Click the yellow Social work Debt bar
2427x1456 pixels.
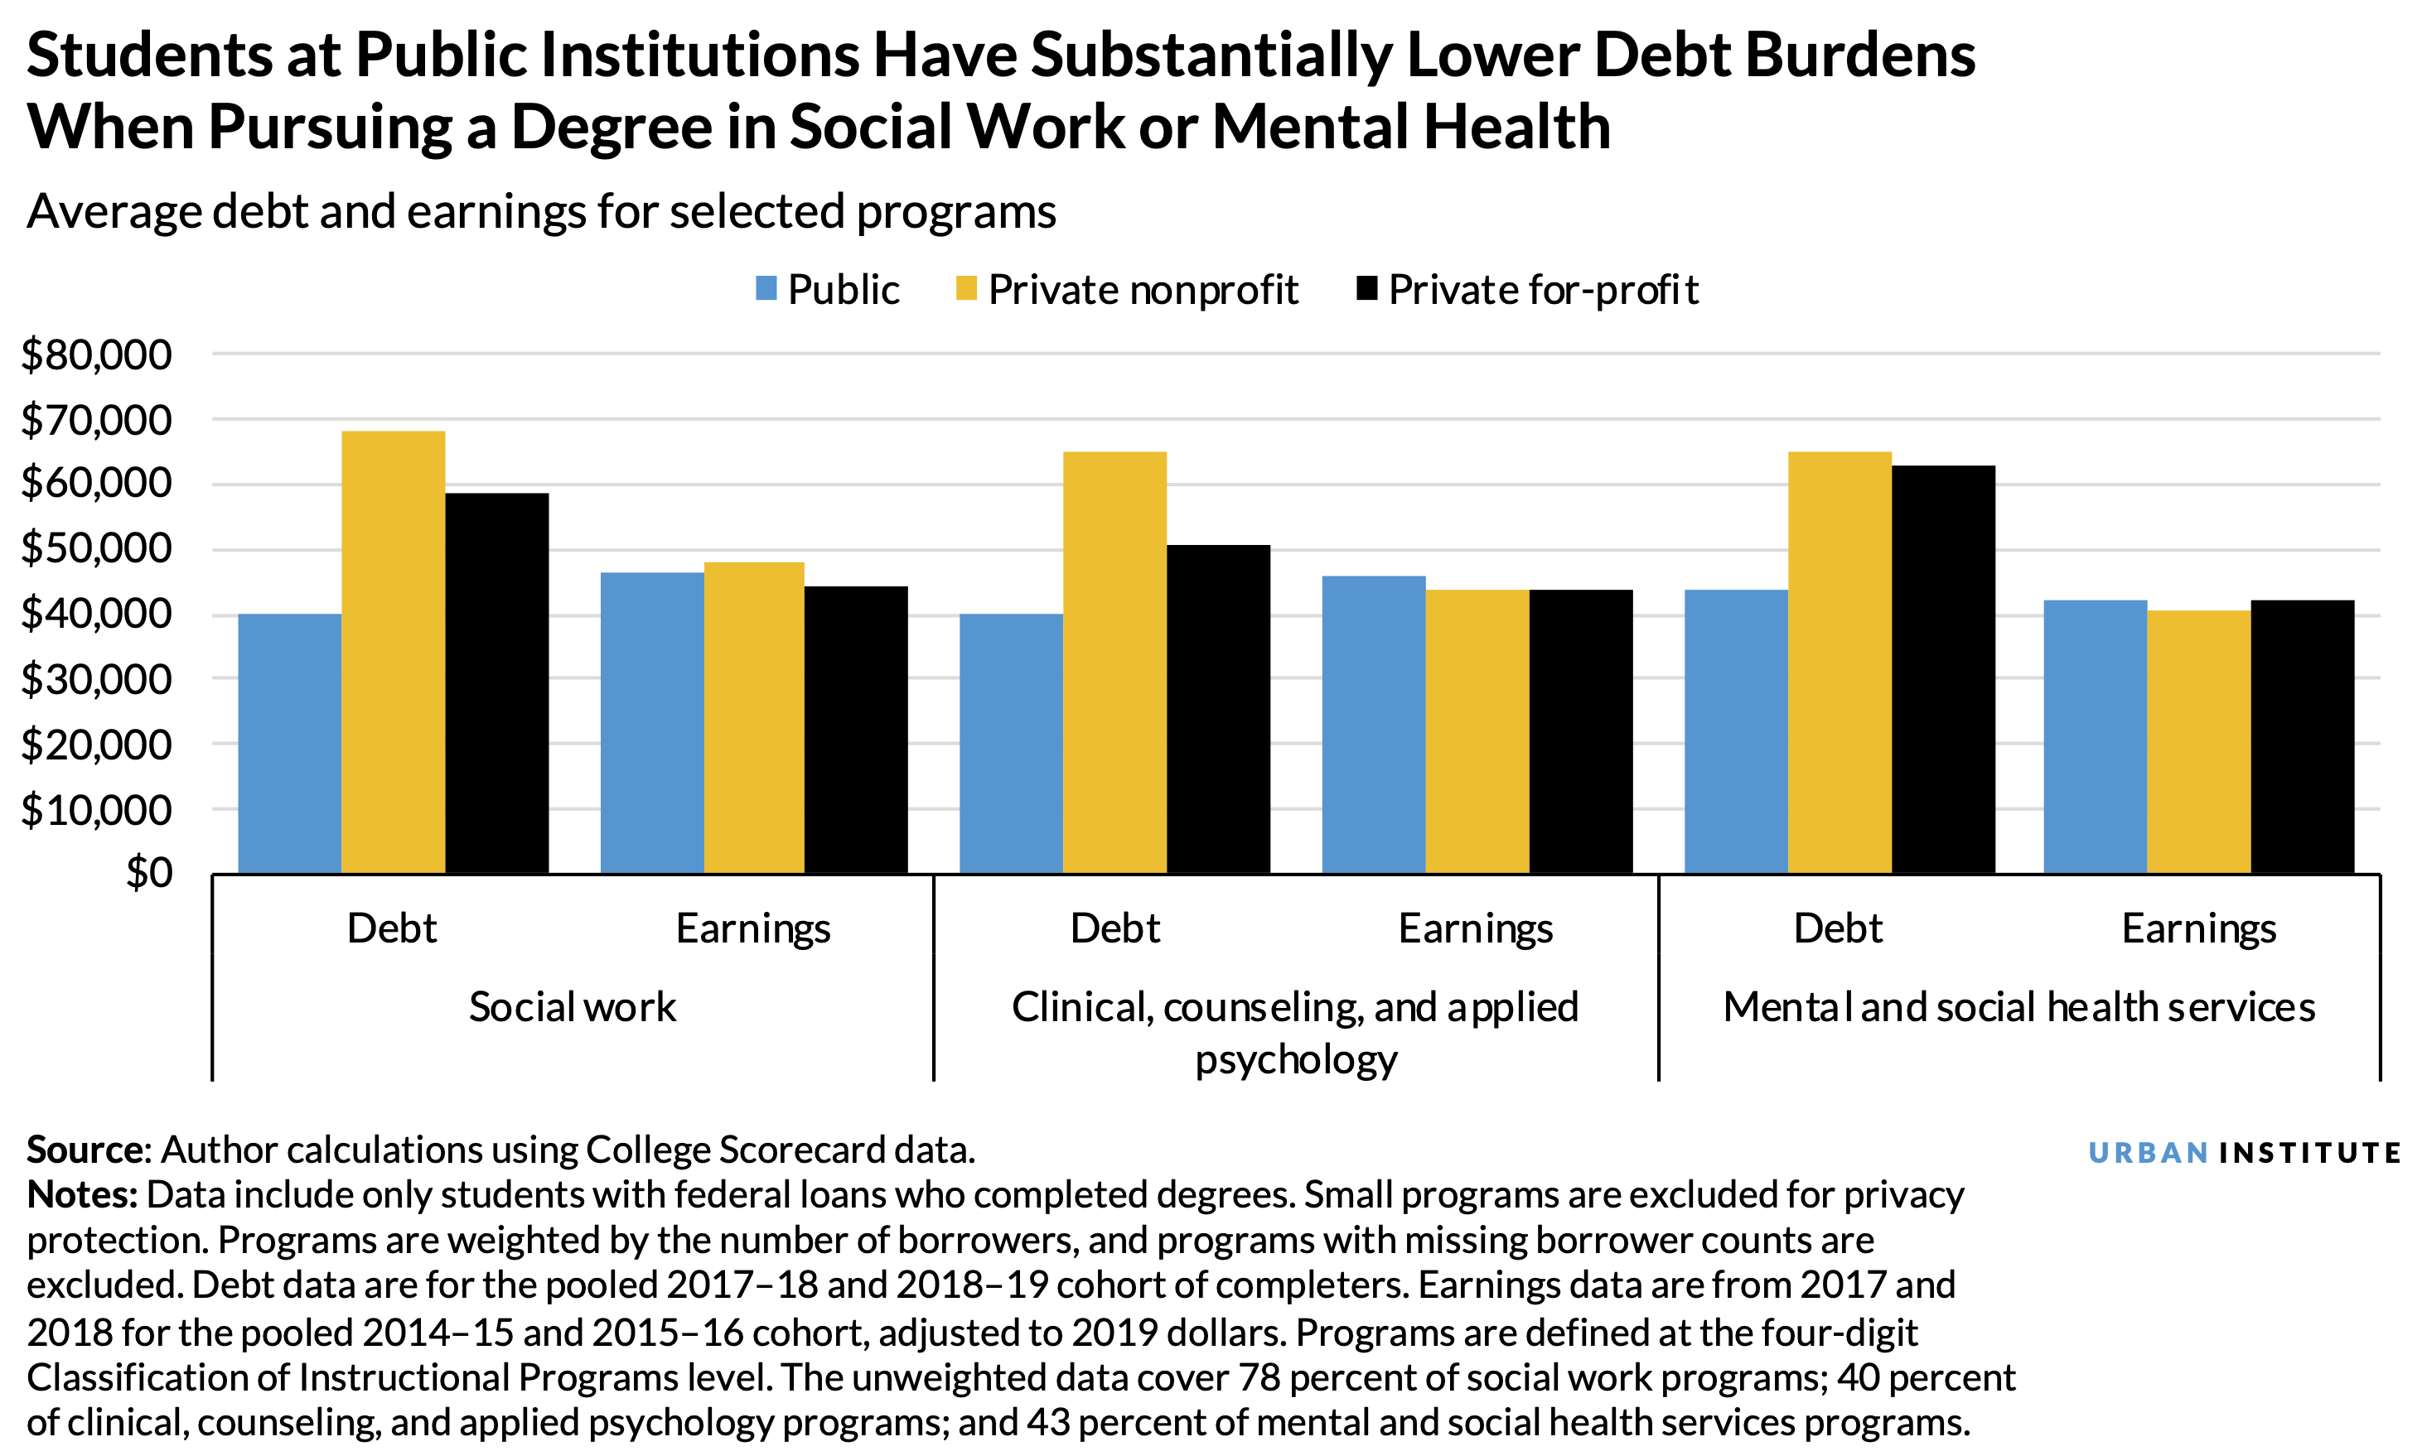coord(393,653)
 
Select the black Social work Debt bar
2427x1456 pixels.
coord(496,683)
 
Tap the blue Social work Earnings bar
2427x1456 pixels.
coord(651,723)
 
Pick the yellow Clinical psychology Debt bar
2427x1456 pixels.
coord(1114,663)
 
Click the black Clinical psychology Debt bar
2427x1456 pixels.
coord(1218,709)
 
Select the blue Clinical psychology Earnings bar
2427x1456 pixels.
coord(1373,725)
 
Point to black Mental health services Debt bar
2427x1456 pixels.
coord(1942,669)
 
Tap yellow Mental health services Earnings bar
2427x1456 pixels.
coord(2198,742)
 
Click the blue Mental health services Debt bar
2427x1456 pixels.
coord(1735,732)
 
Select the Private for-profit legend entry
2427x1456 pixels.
coord(1527,289)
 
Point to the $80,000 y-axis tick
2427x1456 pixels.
coord(96,354)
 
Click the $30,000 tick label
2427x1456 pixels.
coord(96,679)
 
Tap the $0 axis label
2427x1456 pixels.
coord(148,872)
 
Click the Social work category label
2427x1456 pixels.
coord(573,1006)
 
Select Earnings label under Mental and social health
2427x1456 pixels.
coord(2198,928)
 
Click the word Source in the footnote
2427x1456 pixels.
coord(86,1149)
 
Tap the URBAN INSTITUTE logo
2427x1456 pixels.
coord(2244,1152)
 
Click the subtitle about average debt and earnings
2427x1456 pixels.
coord(541,211)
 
